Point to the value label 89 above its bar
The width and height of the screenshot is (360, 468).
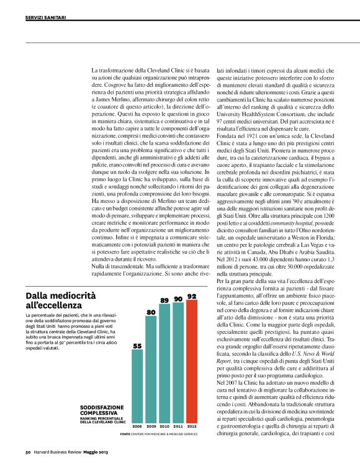tap(164, 300)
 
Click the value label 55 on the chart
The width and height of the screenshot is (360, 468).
tap(137, 345)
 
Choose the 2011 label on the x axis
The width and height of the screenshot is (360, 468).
tap(178, 427)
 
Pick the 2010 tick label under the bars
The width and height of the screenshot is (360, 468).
tap(164, 427)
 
